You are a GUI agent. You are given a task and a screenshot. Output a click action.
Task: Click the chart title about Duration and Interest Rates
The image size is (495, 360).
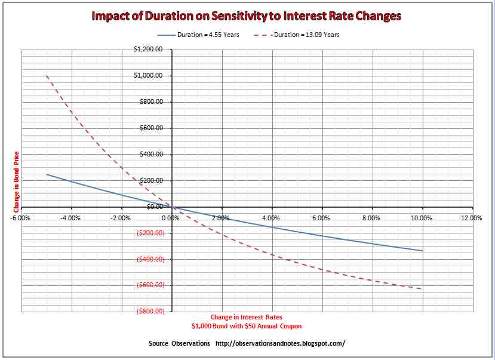[x=247, y=16]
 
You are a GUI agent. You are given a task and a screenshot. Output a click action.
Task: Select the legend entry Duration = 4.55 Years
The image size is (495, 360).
[x=208, y=35]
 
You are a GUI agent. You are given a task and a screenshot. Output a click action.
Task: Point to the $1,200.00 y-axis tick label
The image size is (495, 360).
[x=149, y=50]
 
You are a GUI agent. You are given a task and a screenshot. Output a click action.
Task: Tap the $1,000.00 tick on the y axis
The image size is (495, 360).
[x=149, y=76]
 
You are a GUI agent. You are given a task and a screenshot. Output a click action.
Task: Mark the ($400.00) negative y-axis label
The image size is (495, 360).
[x=150, y=259]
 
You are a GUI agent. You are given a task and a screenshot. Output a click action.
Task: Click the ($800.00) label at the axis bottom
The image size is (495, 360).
[x=150, y=312]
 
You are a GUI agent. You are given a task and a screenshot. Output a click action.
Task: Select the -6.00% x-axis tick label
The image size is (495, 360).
[x=21, y=218]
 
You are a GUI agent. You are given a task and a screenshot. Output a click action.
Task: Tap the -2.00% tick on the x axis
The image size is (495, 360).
[x=121, y=218]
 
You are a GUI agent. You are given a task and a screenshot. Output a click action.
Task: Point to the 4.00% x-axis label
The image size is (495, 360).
[x=272, y=218]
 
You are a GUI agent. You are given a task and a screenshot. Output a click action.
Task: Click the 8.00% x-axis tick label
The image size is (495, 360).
[x=371, y=218]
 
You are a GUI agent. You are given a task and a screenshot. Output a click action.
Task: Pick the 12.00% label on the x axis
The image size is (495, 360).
[x=472, y=218]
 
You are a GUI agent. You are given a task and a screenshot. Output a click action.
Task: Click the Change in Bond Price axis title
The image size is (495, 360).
[x=16, y=181]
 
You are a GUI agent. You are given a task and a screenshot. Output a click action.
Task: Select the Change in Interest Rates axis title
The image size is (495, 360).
[x=246, y=317]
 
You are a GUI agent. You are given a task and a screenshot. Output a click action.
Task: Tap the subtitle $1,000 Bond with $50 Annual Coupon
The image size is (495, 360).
[x=246, y=327]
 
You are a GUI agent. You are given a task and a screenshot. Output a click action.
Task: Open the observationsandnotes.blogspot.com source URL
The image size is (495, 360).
[x=279, y=344]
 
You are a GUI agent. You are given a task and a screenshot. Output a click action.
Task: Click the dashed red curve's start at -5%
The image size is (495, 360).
[x=47, y=76]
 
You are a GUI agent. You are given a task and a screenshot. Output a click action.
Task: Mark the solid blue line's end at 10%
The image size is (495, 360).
[x=422, y=251]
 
